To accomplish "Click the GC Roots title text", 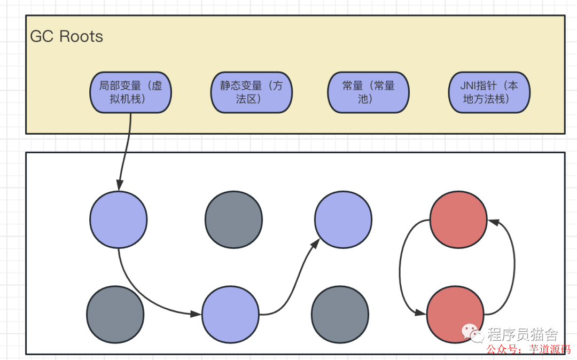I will tap(66, 36).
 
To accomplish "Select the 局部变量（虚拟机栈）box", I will tap(130, 92).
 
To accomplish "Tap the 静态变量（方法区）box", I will tap(251, 92).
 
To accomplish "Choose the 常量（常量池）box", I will tap(368, 92).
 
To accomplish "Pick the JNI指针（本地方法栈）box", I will tap(489, 92).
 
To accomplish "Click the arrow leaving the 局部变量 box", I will tap(124, 152).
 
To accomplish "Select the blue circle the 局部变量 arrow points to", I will tap(118, 220).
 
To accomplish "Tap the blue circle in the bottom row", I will tap(230, 315).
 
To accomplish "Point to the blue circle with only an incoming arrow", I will tap(343, 220).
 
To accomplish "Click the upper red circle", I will tap(458, 220).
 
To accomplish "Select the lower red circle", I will tap(455, 315).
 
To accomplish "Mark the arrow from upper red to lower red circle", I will tap(402, 267).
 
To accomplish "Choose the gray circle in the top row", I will tap(233, 220).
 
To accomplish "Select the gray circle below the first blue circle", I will tap(115, 315).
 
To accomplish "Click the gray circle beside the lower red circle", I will tap(340, 315).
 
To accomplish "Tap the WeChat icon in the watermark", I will tap(473, 333).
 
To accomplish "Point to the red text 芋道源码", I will tap(550, 349).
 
